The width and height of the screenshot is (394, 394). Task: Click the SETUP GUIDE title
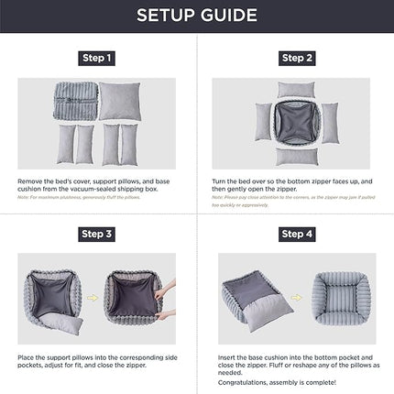coord(196,16)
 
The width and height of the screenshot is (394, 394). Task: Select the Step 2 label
coord(297,59)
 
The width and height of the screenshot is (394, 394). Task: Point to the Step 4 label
coord(297,235)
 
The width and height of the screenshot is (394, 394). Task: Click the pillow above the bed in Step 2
coord(296,89)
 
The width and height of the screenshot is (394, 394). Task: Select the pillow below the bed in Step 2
coord(296,157)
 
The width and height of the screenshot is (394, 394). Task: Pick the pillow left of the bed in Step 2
coord(263,123)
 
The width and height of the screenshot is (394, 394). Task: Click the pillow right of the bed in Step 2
coord(329,123)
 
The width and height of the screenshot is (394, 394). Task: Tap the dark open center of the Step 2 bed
coord(296,123)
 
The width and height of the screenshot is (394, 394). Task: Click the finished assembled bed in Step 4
coord(338,293)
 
